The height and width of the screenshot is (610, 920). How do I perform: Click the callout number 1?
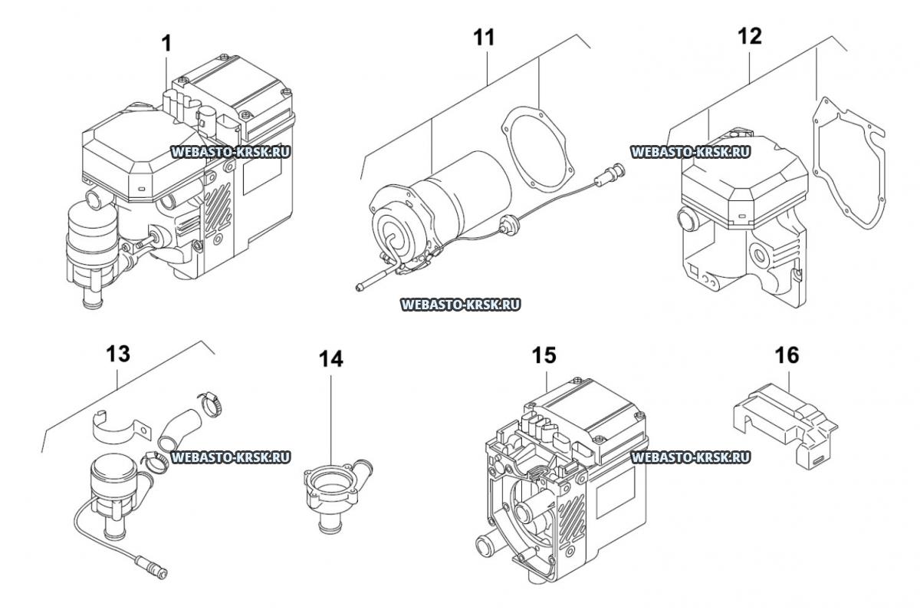[x=166, y=44]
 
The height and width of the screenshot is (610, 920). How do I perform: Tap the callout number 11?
[x=485, y=38]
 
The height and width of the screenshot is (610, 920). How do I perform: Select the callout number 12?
[x=750, y=36]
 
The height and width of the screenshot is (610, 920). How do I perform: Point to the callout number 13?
[x=118, y=354]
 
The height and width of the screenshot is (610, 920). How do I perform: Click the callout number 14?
[x=331, y=359]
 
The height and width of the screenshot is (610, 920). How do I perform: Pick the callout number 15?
[x=544, y=355]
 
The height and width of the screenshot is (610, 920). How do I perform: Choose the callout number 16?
[x=787, y=355]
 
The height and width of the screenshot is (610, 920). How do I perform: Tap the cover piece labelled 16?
[x=784, y=427]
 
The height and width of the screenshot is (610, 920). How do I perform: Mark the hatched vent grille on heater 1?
[x=218, y=208]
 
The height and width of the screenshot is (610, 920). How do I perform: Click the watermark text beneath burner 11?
[x=460, y=305]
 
